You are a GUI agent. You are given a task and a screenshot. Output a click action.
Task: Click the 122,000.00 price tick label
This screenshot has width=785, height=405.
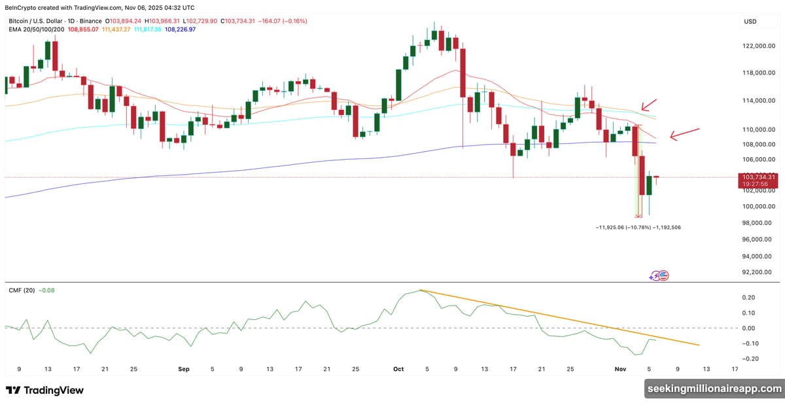[x=759, y=46]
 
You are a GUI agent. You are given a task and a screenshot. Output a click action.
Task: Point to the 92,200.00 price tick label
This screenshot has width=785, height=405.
[x=759, y=272]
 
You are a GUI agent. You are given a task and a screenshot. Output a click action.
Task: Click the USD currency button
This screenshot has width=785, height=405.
[x=750, y=22]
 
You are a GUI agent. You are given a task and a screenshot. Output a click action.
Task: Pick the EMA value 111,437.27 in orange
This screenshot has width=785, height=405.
[x=116, y=30]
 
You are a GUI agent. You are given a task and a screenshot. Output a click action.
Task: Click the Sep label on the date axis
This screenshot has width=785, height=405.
[x=184, y=369]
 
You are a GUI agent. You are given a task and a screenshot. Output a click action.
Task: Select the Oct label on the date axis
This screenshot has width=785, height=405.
[x=399, y=369]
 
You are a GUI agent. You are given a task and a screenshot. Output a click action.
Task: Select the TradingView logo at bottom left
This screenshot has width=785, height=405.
[x=45, y=391]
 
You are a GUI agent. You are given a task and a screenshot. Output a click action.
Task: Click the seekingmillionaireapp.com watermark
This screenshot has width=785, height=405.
[x=714, y=389]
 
